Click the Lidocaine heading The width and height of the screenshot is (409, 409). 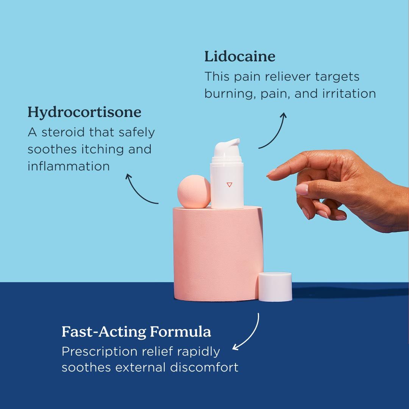tap(240, 57)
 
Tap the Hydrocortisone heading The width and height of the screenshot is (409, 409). tap(84, 112)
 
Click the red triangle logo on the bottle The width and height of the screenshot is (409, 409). tap(229, 184)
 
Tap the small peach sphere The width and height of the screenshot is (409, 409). tap(194, 192)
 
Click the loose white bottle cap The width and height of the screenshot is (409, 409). tap(275, 287)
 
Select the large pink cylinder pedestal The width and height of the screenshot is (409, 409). tap(217, 254)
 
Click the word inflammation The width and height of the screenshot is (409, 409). tap(69, 166)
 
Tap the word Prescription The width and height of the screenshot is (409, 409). tap(99, 352)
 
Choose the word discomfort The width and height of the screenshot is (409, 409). tap(204, 367)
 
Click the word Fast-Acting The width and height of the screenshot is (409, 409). tap(103, 332)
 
